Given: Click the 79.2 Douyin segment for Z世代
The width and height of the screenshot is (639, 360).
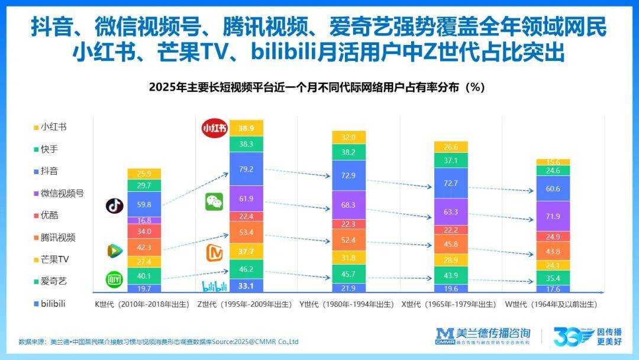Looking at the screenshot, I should [x=247, y=169].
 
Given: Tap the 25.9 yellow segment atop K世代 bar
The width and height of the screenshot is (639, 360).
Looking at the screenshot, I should [x=144, y=174].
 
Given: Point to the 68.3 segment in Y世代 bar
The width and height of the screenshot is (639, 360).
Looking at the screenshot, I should [x=349, y=205].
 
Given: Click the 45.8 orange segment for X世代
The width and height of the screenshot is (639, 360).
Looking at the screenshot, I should [x=451, y=244].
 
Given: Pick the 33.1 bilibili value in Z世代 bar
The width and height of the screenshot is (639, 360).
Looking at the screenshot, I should [x=247, y=287].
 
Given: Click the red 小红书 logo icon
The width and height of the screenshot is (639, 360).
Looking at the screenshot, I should [x=215, y=128].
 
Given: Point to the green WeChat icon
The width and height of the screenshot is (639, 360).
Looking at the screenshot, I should [x=214, y=201].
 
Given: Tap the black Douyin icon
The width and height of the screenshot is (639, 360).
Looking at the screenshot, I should [x=114, y=205].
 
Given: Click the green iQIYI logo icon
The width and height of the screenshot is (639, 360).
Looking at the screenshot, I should [x=114, y=279].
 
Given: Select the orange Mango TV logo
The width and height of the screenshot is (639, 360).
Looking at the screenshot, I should [x=214, y=253].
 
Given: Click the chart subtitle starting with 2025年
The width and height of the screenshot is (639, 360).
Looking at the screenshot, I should [x=317, y=87].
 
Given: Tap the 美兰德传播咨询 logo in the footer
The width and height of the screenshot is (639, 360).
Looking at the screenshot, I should [x=483, y=336].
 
